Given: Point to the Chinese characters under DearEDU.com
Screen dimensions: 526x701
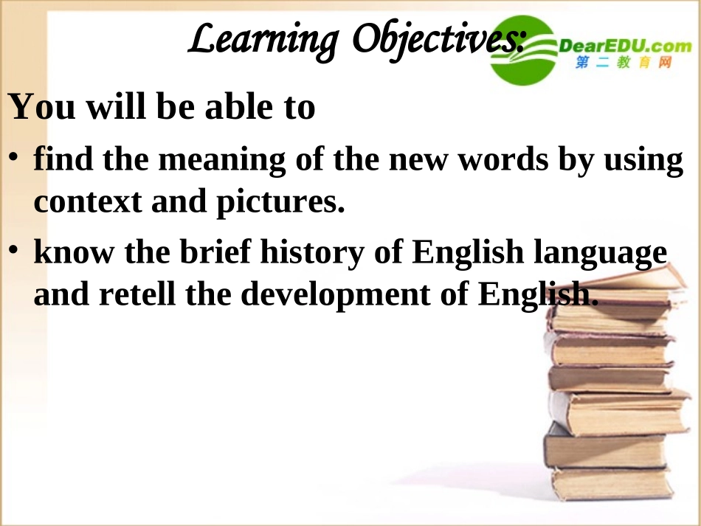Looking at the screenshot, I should point(624,64).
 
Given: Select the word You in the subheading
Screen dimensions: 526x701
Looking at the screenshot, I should point(41,107).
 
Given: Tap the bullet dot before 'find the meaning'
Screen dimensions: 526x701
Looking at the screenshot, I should point(15,159).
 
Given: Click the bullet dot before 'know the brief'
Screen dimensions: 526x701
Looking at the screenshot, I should point(15,252).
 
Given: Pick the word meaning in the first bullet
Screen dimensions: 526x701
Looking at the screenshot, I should point(216,160).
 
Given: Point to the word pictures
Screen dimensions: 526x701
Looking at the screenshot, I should point(280,201).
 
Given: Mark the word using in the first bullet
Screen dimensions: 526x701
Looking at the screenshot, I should point(641,160).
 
